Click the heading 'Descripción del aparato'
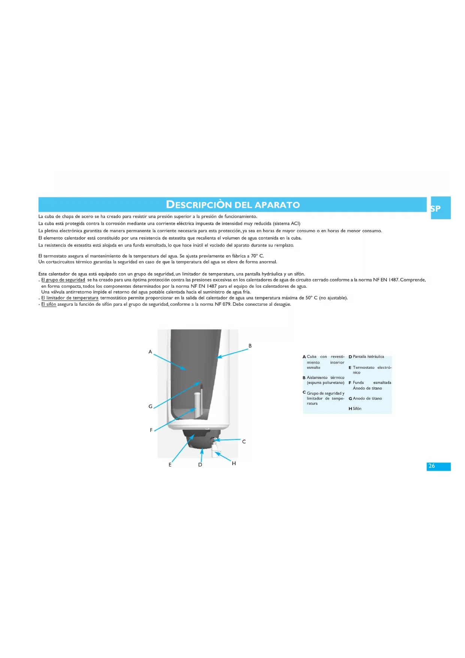[233, 205]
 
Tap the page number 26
[432, 466]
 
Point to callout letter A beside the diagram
[150, 352]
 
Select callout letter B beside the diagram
[250, 346]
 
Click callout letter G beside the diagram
[150, 406]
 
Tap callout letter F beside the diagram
[151, 430]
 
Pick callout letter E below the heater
[170, 465]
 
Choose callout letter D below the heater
[200, 465]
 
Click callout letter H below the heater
[234, 464]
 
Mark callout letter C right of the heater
[244, 442]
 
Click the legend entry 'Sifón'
[357, 409]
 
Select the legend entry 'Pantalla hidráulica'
[368, 357]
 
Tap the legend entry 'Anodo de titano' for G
[367, 398]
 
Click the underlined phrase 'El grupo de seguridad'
[63, 280]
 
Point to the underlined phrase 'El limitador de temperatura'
[70, 298]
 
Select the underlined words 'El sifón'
[49, 304]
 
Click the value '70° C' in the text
[257, 256]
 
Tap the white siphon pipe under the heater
[215, 451]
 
